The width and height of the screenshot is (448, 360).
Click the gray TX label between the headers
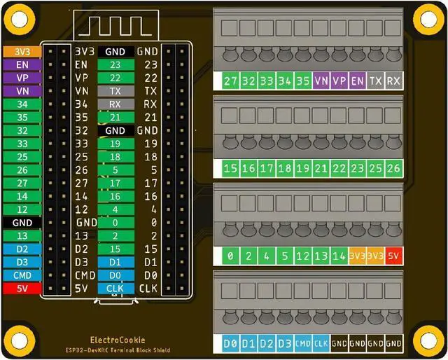click(115, 91)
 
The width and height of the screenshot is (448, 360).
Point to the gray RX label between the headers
click(115, 104)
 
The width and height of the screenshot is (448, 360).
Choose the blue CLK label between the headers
click(115, 288)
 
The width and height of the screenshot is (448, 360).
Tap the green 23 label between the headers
click(115, 64)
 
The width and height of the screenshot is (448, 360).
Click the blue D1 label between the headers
click(115, 262)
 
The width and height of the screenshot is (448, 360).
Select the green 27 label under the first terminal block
click(231, 81)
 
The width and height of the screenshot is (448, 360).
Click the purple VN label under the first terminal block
click(321, 81)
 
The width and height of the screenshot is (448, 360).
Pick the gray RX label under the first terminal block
click(393, 81)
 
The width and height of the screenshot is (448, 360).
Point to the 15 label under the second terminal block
click(231, 168)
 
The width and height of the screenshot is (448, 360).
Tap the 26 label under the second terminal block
click(393, 168)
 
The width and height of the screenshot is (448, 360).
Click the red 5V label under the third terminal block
click(393, 256)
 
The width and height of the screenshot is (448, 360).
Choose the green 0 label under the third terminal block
click(231, 256)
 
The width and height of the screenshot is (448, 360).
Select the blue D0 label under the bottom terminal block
click(231, 344)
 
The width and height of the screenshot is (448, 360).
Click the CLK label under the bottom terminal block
click(321, 344)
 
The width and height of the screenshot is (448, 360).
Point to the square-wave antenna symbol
click(115, 25)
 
